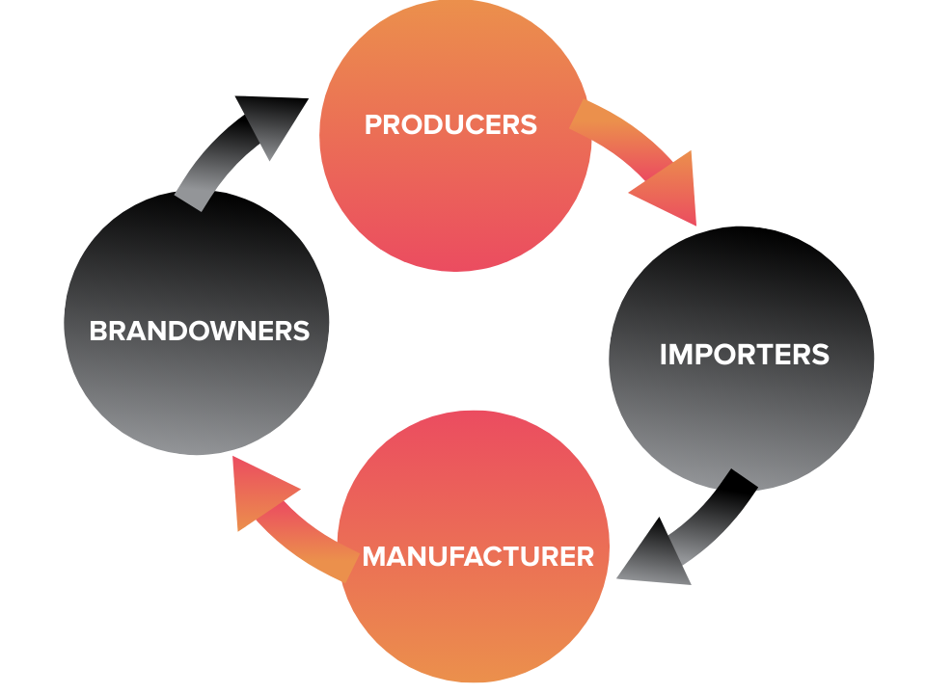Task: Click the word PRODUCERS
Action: [x=450, y=124]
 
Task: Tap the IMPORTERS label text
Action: [x=744, y=354]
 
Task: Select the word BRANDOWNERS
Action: [x=199, y=331]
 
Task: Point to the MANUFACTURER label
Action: [x=477, y=556]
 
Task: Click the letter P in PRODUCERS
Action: [x=372, y=124]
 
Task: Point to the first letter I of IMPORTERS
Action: [x=664, y=354]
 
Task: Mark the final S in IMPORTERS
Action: [x=821, y=354]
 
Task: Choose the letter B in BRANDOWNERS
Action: [x=97, y=331]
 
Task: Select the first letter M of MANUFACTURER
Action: [x=373, y=556]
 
